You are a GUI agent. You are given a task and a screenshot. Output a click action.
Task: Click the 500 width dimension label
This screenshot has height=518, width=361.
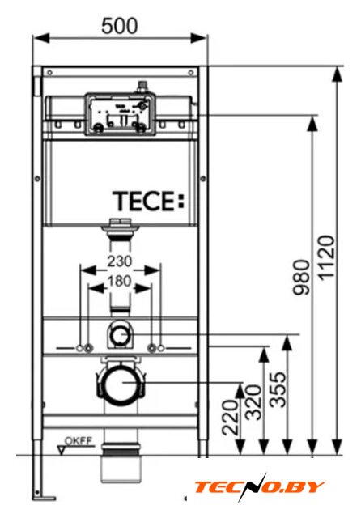tap(119, 26)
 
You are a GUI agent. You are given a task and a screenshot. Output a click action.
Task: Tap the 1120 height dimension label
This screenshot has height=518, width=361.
tap(327, 257)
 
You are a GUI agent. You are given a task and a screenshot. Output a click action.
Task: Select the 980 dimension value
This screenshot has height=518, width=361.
tap(302, 277)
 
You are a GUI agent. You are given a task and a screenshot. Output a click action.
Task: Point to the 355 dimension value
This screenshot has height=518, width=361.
tap(277, 389)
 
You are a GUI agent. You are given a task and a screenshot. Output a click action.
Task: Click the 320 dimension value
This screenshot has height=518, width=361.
tap(254, 402)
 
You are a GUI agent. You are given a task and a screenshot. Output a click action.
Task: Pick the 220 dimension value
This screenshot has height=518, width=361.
tap(230, 418)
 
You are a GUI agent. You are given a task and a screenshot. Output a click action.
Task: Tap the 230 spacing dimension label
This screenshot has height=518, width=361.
tap(119, 261)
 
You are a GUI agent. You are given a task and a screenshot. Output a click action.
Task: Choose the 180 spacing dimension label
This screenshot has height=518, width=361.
tap(119, 281)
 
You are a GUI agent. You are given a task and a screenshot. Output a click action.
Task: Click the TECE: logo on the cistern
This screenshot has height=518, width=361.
tap(148, 202)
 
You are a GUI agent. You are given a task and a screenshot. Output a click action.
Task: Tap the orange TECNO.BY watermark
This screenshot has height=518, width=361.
tap(260, 487)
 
